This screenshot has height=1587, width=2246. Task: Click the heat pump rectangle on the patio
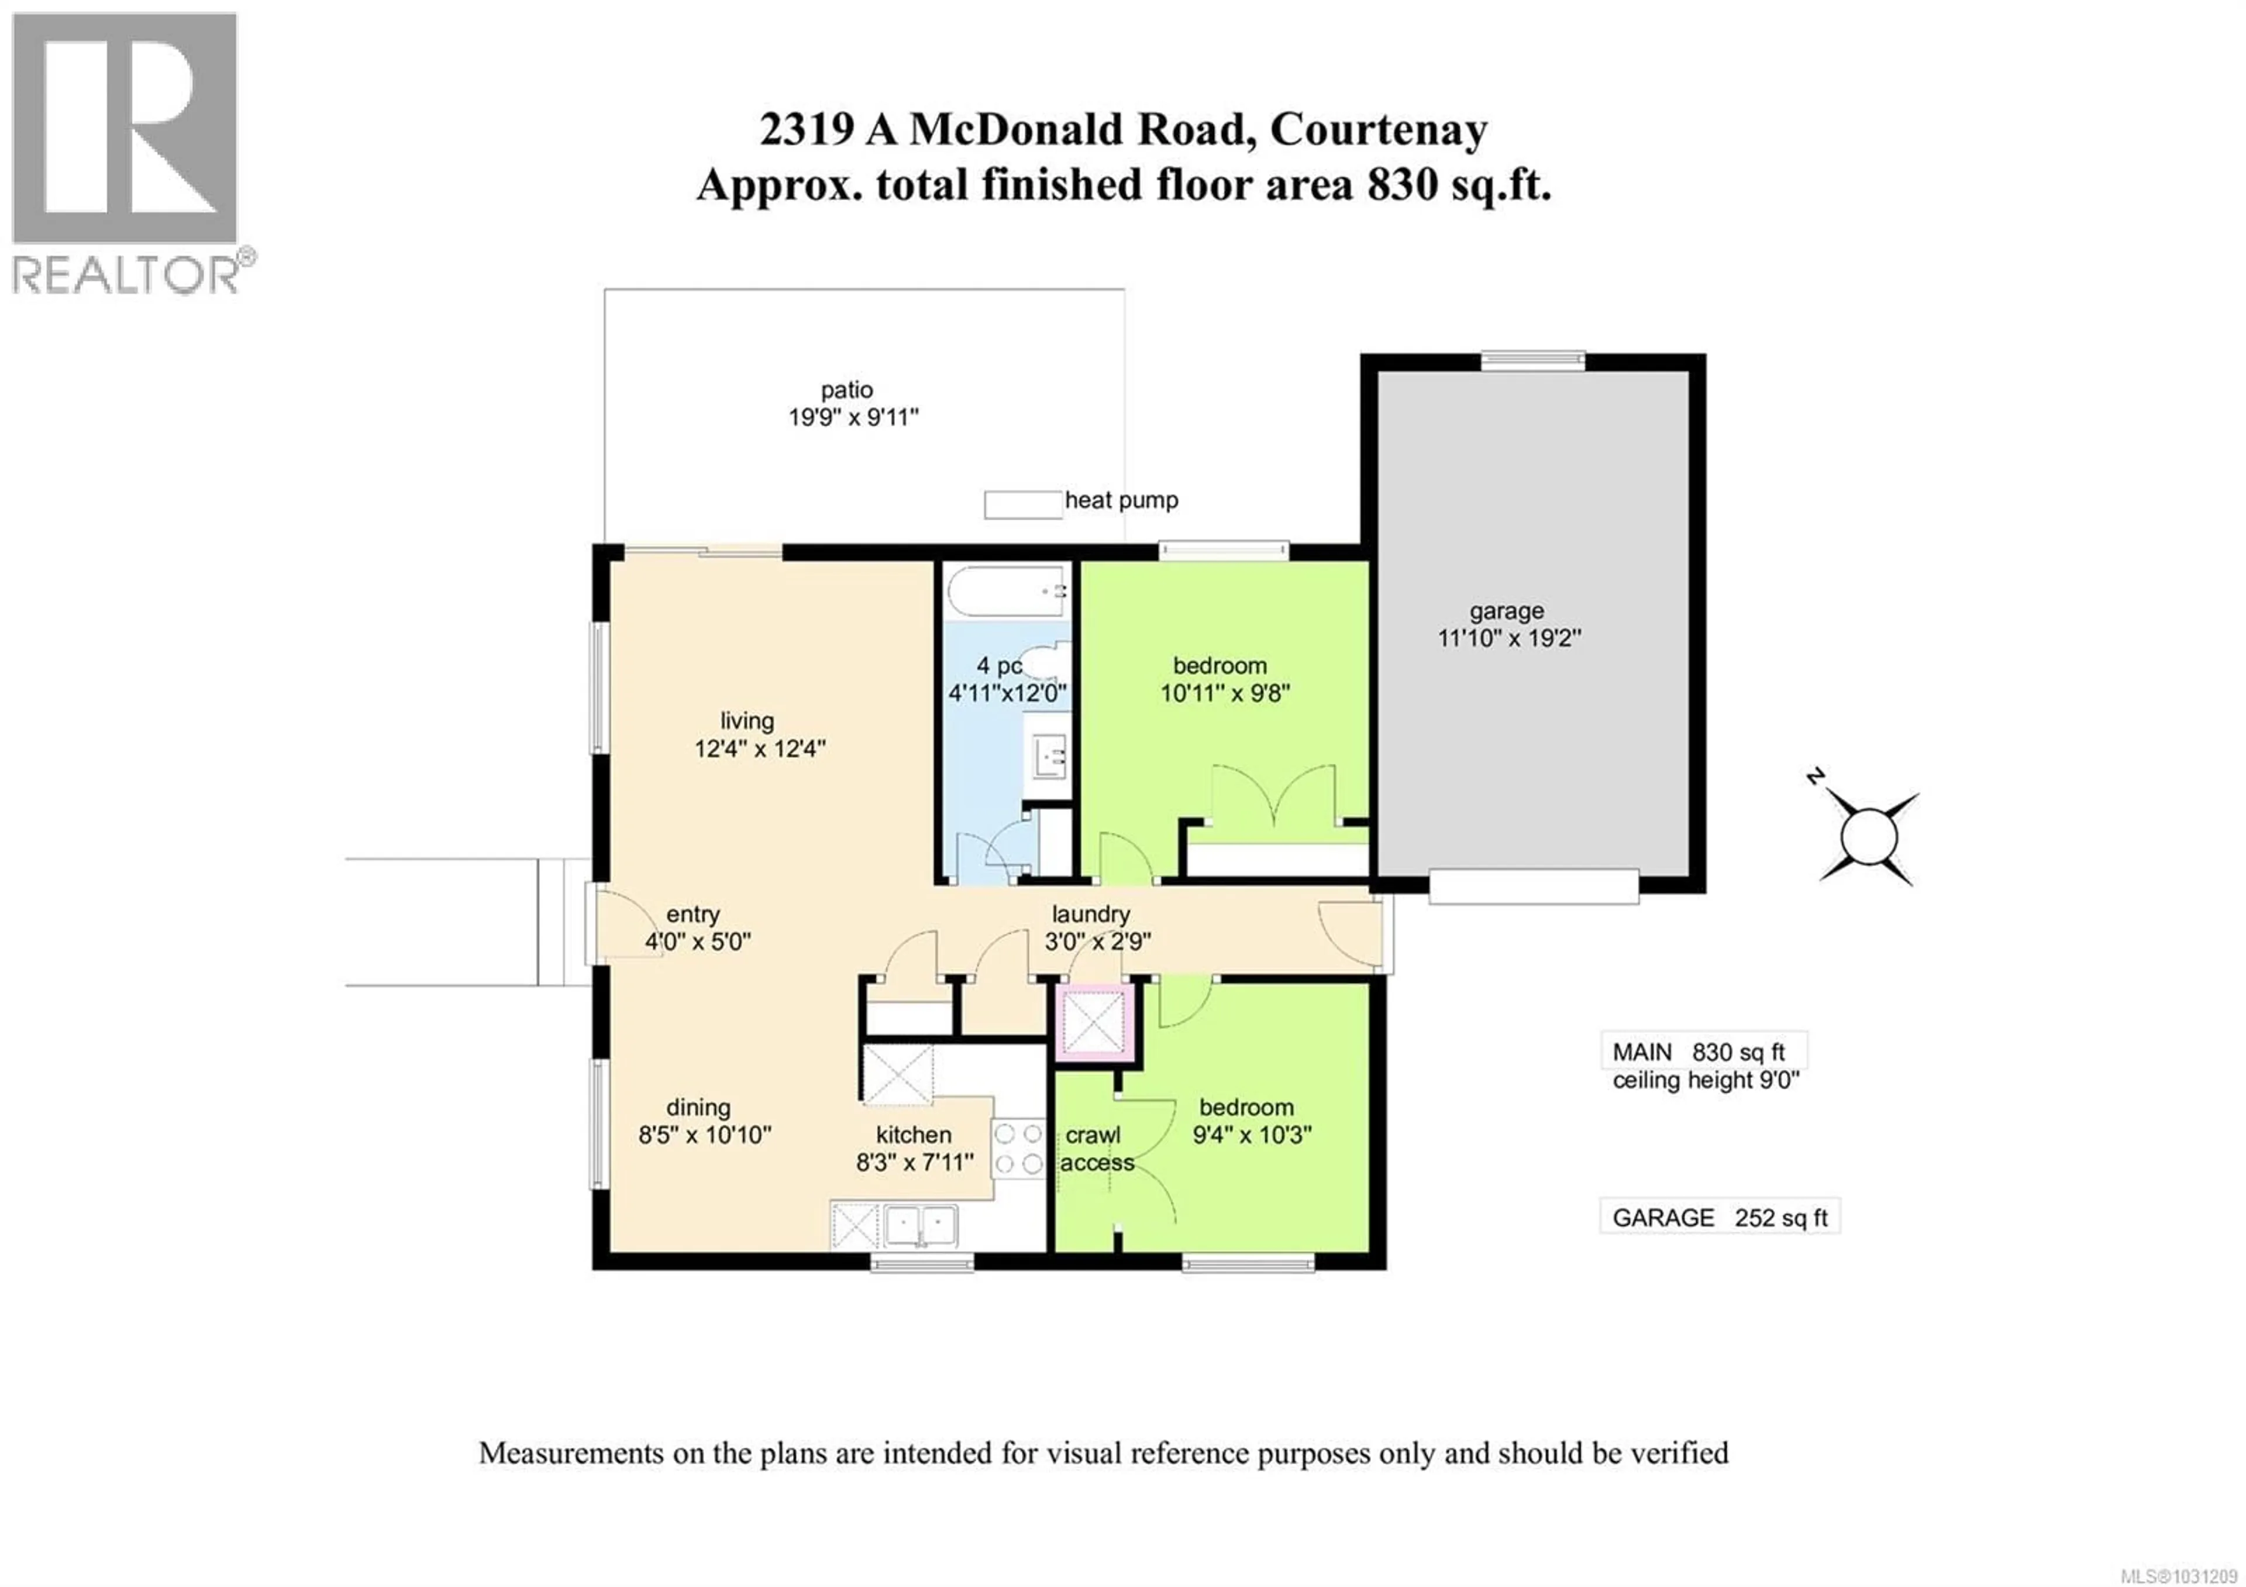pos(1022,504)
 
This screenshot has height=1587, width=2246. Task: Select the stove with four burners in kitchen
pos(1018,1149)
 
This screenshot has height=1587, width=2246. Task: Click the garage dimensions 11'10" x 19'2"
pos(1508,638)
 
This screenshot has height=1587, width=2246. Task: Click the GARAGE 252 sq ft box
pos(1719,1217)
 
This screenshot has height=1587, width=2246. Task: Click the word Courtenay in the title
pos(1379,130)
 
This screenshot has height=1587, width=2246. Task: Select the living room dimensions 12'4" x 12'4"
pos(760,750)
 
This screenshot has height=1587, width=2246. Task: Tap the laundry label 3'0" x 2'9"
pos(1098,941)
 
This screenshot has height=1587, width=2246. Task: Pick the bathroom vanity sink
pos(1048,756)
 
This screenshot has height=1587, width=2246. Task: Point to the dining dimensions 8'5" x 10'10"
pos(704,1135)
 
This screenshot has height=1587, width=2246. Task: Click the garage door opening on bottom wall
pos(1533,887)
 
